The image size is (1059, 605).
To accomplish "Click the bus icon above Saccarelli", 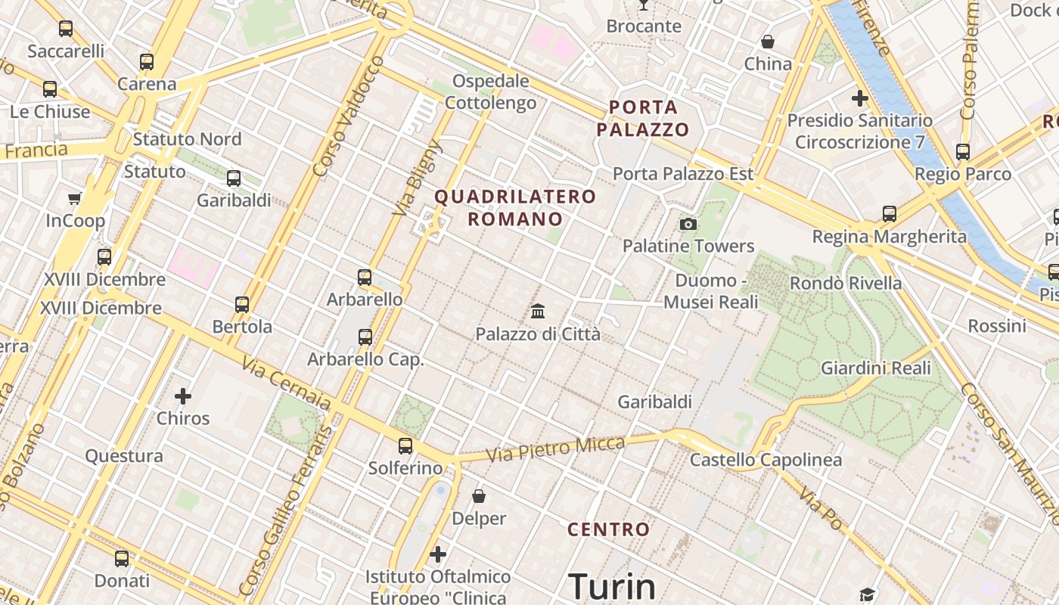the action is [x=66, y=29].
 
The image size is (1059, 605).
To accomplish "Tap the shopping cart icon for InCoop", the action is [x=74, y=199].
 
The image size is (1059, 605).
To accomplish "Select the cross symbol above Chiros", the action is [x=182, y=396].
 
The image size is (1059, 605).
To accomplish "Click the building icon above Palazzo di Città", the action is [x=538, y=311].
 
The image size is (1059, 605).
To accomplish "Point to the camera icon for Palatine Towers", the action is [x=688, y=224].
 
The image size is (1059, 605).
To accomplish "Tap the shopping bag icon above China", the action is [x=768, y=42].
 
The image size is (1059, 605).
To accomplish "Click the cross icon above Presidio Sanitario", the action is [x=859, y=98].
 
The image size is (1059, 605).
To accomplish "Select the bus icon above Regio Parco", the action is [x=962, y=152].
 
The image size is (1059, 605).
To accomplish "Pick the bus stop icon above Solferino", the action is [x=405, y=446].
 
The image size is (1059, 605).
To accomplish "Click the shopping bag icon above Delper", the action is [x=478, y=496].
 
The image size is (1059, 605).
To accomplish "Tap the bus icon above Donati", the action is [x=122, y=559].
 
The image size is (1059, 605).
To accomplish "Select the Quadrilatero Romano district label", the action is [x=515, y=208].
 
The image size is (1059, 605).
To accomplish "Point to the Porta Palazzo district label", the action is [x=643, y=118].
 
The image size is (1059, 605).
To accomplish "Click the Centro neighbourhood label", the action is [x=609, y=529].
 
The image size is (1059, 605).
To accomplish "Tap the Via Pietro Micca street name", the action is [x=555, y=448].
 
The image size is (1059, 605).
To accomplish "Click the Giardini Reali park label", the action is [x=875, y=369].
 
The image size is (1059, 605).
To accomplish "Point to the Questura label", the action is [x=123, y=456].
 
